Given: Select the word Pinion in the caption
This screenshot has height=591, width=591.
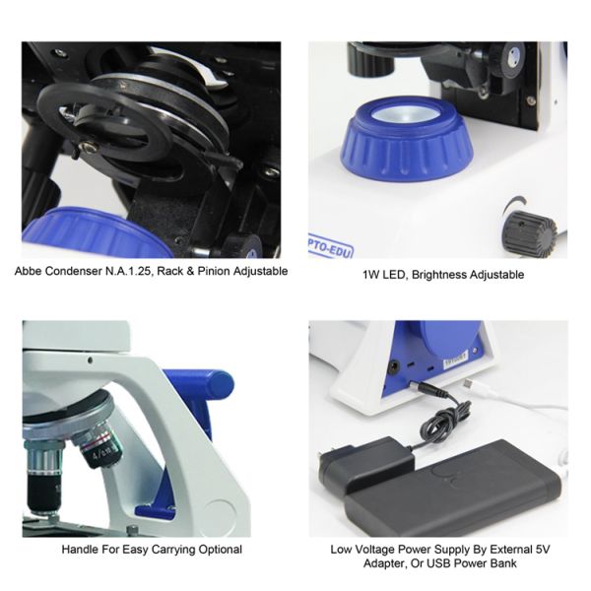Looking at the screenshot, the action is click(214, 272).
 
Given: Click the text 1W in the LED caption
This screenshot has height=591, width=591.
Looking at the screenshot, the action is click(370, 275).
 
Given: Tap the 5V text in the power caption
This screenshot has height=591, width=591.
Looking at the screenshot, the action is click(542, 550).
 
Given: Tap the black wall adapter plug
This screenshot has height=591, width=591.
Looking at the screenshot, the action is click(365, 466).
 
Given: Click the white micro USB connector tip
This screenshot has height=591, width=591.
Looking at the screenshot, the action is click(468, 384).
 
